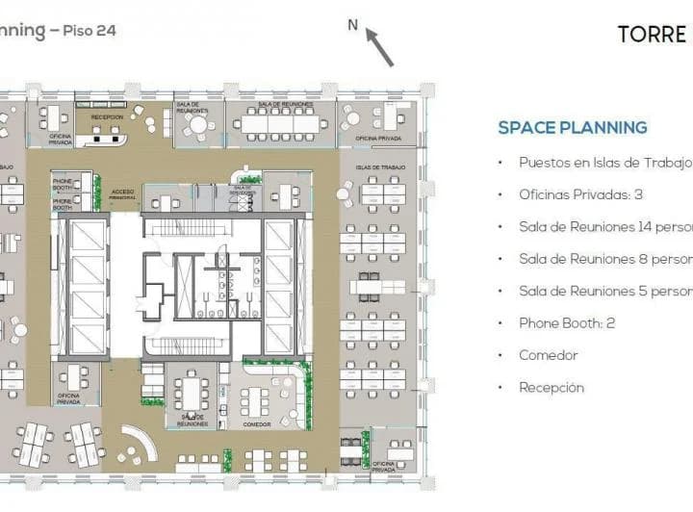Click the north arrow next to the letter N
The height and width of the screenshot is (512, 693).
379,48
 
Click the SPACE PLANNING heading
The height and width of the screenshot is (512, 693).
572,128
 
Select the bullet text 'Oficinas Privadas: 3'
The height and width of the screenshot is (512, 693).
579,194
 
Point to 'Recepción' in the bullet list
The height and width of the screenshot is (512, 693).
551,388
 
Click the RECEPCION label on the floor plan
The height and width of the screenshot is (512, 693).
107,116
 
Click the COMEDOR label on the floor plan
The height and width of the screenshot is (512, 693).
257,423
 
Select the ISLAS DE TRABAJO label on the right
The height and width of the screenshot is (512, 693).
380,167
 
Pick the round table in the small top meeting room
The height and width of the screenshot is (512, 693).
197,124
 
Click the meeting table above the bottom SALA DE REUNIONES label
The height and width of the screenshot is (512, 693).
191,391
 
